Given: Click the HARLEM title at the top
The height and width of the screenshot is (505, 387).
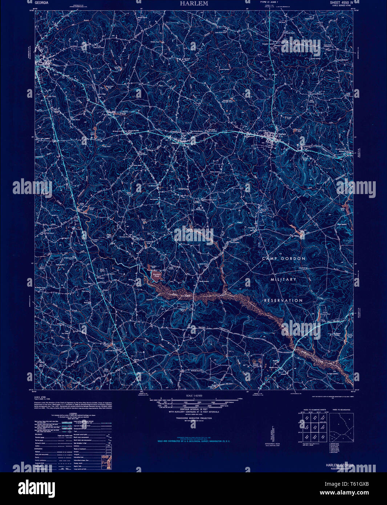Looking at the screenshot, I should tap(194, 3).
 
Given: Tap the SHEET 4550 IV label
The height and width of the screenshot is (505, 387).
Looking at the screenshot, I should tap(344, 2).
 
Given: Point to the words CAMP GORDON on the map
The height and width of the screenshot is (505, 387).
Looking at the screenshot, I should tap(284, 258).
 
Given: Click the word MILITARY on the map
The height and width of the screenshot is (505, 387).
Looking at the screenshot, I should tap(283, 279).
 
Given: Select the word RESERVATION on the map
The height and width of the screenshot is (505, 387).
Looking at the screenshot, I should tap(283, 300).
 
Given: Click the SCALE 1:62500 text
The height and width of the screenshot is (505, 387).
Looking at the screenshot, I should tap(194, 396).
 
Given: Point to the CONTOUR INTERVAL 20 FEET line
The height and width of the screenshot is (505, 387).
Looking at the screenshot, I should tap(194, 409).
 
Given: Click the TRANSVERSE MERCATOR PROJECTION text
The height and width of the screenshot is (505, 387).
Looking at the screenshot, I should tap(194, 418).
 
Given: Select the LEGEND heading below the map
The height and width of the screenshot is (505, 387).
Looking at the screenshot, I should tap(73, 413).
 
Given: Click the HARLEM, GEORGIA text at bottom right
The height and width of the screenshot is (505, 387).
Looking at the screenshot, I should tap(339, 465).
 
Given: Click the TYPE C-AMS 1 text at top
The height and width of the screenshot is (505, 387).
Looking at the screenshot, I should tap(269, 3).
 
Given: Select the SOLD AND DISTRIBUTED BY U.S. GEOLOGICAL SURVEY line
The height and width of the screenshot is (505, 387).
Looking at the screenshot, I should tap(194, 441).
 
